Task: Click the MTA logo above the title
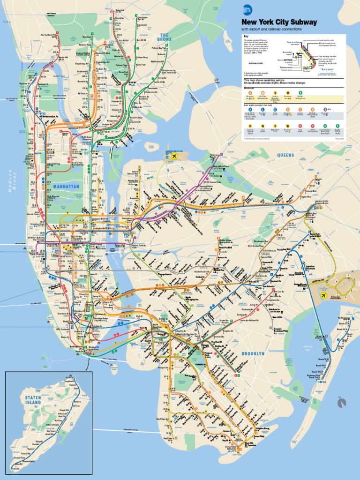click(247, 9)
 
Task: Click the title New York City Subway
click(279, 22)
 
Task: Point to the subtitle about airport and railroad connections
click(271, 29)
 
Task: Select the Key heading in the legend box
click(245, 36)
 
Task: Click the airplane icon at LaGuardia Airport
click(174, 156)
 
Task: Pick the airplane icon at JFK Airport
click(323, 295)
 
